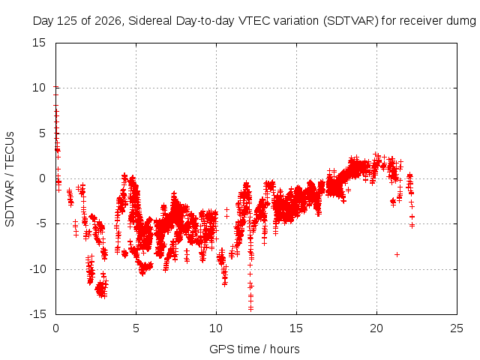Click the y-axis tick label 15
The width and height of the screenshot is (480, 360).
pos(39,43)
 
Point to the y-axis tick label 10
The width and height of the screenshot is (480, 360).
pos(39,88)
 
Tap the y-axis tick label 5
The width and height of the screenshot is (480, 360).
pos(42,133)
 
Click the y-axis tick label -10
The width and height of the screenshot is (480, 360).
pos(37,269)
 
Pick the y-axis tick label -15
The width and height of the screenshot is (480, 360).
pos(37,314)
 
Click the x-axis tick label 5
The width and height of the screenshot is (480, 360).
pos(136,328)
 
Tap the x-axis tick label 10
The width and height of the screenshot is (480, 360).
pos(216,328)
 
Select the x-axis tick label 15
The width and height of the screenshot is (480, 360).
pos(296,328)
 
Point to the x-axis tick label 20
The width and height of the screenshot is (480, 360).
pos(376,328)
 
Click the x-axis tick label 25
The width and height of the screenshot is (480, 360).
pos(457,328)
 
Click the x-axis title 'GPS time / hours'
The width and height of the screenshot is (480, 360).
pos(254,349)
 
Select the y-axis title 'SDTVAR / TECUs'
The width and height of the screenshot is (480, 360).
pos(10,179)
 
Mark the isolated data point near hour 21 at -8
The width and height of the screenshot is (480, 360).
pos(397,254)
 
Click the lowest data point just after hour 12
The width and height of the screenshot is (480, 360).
pos(250,308)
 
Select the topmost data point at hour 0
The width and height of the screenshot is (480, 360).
pos(55,87)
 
